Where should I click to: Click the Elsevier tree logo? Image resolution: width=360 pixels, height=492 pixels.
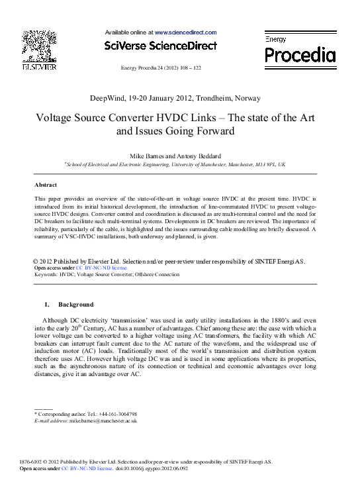pos(39,45)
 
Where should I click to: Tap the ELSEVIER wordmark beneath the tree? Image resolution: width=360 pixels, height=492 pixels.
pos(39,67)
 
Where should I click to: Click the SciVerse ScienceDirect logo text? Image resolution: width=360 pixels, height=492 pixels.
pos(161,46)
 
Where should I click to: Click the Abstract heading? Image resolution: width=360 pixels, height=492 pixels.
pos(45,185)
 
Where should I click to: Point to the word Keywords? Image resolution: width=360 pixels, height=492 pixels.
pos(46,274)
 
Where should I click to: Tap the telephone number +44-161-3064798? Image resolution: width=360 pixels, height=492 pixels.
pos(114,414)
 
